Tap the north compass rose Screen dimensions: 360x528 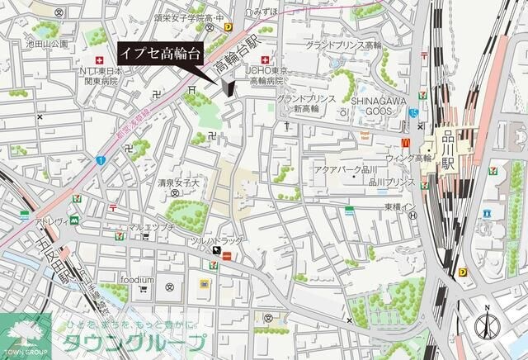tap(488, 325)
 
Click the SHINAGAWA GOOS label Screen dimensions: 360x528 tap(375, 105)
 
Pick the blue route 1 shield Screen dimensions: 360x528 tap(100, 159)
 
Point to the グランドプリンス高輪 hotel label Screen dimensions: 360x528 tap(343, 45)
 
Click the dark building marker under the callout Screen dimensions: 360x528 tap(228, 88)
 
